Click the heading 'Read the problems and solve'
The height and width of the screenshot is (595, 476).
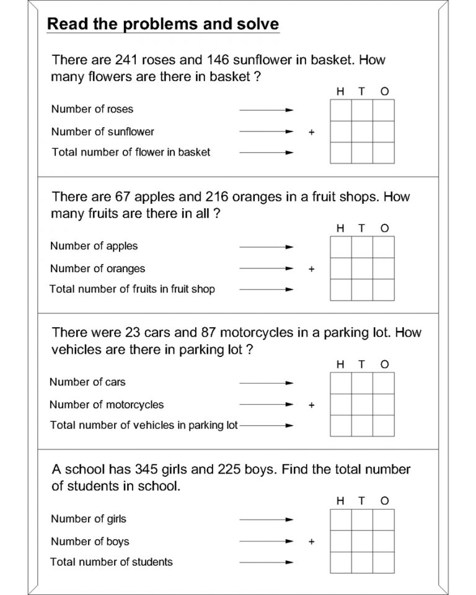(x=163, y=24)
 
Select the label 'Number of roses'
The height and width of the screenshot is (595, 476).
(x=92, y=109)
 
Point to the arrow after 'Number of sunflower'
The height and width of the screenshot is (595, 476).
(x=266, y=132)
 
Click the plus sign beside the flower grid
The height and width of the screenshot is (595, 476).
(x=311, y=132)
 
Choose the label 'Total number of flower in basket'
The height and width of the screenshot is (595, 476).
(x=131, y=152)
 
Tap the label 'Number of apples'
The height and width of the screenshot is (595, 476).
(x=94, y=246)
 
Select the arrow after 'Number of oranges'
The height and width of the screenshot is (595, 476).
(x=266, y=269)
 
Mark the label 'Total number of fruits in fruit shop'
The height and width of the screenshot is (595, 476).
(x=132, y=289)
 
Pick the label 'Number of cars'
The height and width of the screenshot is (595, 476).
(x=87, y=382)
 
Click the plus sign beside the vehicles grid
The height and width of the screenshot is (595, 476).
(x=311, y=405)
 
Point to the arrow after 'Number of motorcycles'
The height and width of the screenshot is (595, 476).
(x=266, y=405)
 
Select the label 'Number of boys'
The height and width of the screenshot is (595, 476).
(x=90, y=541)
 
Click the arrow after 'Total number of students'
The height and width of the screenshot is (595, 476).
(x=266, y=562)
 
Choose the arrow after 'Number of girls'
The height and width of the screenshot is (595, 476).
(x=266, y=519)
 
